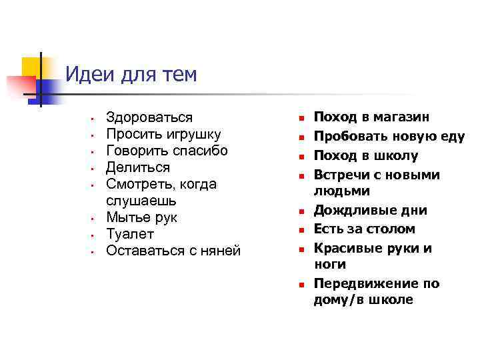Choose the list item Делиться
[x=138, y=167]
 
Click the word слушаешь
[x=140, y=201]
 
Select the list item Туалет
[x=130, y=234]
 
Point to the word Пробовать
[x=346, y=137]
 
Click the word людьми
[x=342, y=191]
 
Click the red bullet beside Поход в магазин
[x=301, y=118]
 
